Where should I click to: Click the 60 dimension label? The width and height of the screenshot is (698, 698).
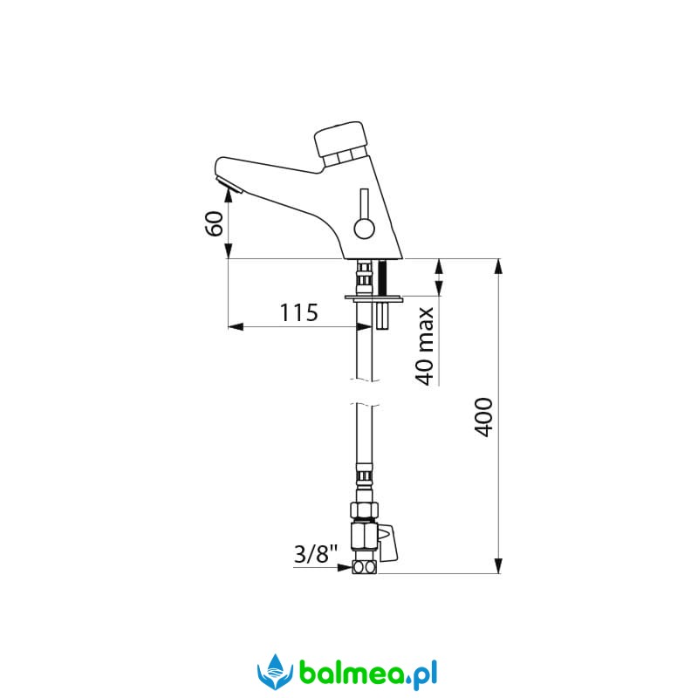coord(214,223)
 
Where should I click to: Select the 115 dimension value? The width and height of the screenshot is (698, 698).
coord(298,312)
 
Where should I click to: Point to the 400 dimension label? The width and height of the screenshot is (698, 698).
coord(483,417)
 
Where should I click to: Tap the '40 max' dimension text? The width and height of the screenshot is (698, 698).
coord(425,346)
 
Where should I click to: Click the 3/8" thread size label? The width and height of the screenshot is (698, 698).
coord(316,554)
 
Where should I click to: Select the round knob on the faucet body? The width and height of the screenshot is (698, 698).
coord(364,229)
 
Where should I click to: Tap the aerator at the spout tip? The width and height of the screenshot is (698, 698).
coord(229,185)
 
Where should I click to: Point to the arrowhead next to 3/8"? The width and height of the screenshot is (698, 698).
coord(345,568)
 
